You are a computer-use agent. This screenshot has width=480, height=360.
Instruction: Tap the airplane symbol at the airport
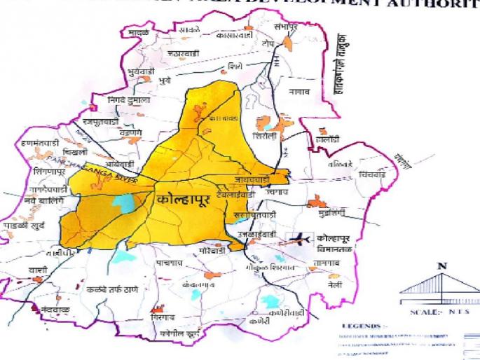(x=299, y=240)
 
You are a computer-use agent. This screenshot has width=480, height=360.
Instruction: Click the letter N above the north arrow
(x=441, y=266)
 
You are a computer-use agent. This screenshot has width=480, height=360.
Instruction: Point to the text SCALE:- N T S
(x=440, y=312)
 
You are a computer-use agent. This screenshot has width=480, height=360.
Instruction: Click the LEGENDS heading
(x=362, y=326)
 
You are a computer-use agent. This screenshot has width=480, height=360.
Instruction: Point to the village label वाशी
(x=38, y=270)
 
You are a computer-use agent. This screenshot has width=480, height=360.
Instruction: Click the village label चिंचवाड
(x=372, y=174)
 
